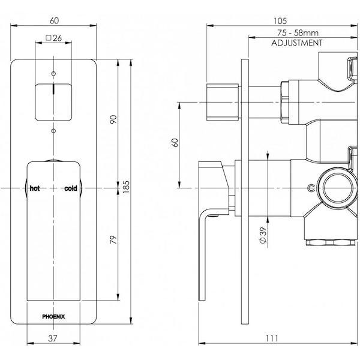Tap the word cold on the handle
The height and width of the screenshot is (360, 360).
tap(70, 188)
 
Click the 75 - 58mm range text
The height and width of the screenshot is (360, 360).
tap(297, 35)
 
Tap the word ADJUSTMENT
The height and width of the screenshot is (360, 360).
tap(297, 43)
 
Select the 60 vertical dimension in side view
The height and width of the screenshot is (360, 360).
tap(175, 144)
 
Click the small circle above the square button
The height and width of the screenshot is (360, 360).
tap(53, 73)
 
